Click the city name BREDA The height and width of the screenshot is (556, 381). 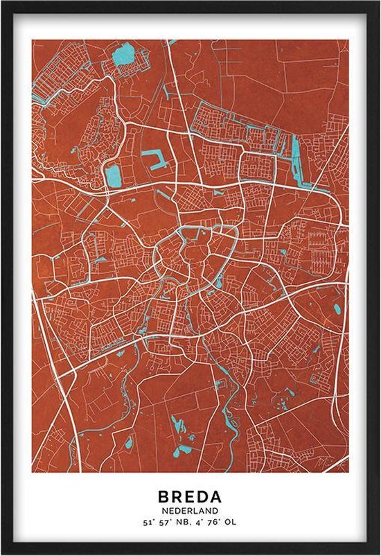[190, 497]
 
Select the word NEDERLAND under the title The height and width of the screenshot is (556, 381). [190, 512]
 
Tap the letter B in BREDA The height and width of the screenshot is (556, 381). [163, 497]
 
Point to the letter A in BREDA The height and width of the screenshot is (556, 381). [216, 497]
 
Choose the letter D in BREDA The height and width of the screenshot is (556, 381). [203, 497]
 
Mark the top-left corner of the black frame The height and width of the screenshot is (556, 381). [3, 3]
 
